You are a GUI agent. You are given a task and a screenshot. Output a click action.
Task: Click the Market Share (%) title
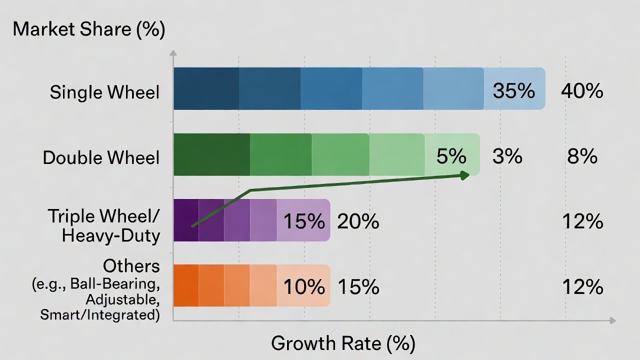coord(88,29)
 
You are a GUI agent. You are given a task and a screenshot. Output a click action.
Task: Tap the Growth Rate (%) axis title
coord(343,343)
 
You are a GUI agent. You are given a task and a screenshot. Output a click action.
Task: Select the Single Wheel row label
coord(104,92)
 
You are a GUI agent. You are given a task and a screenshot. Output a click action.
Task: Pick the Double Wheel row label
coord(101,157)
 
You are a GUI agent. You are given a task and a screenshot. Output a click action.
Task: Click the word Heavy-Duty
coord(110,235)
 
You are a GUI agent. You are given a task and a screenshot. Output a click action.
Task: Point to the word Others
coord(131,265)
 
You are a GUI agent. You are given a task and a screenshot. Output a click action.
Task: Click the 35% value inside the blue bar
coord(513,91)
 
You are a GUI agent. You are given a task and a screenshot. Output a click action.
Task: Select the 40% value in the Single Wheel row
coord(582,91)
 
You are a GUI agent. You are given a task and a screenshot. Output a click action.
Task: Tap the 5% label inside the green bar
coord(451,156)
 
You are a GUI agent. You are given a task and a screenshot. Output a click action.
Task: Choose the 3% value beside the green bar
coord(507,156)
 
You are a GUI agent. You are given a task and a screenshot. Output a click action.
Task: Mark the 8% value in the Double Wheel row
coord(582,156)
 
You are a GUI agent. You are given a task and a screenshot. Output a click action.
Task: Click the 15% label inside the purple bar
coord(304,221)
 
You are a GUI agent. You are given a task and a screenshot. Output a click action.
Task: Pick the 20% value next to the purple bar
coord(358,221)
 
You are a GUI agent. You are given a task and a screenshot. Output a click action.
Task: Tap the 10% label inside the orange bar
coord(304,287)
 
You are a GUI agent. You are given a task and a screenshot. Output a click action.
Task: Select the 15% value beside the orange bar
coord(358,287)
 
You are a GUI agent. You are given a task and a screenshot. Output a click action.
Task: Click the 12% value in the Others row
coord(582,287)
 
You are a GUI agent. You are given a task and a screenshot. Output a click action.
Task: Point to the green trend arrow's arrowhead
coord(465,174)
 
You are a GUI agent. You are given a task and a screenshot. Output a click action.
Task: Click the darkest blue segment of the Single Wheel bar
coord(206,88)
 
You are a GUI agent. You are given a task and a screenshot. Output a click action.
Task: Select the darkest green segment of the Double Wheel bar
coord(211,154)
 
